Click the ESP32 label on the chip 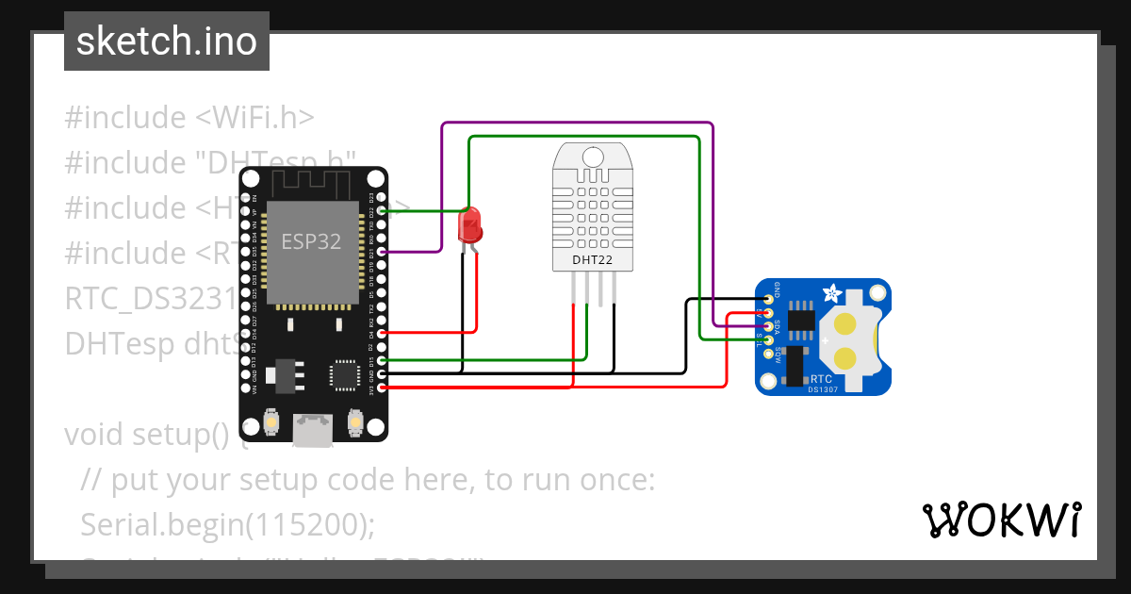click(311, 241)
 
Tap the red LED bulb click(468, 226)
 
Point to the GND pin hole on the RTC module click(769, 299)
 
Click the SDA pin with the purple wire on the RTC click(769, 326)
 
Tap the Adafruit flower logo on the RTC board click(833, 293)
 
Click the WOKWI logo click(1001, 520)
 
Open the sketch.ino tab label click(167, 41)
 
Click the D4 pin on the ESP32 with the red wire click(381, 333)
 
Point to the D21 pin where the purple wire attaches click(381, 253)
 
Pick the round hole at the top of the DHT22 click(593, 157)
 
